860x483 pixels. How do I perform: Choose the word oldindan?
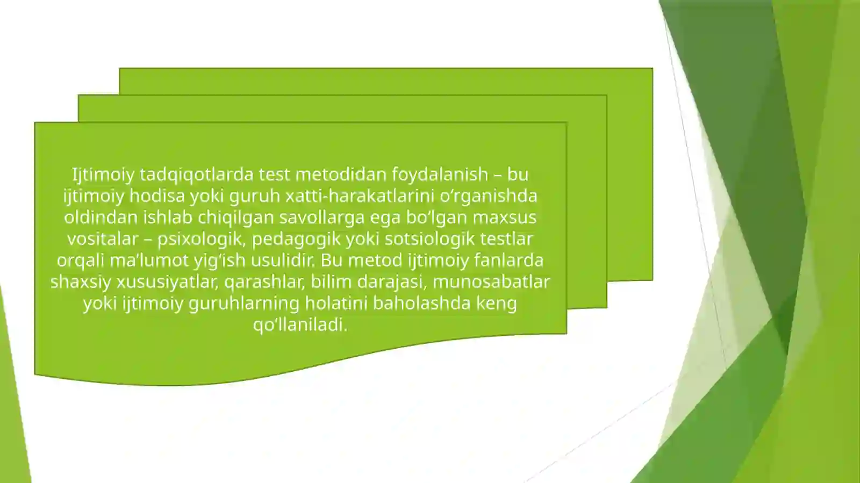tap(101, 218)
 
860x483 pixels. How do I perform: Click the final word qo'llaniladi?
tap(300, 325)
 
